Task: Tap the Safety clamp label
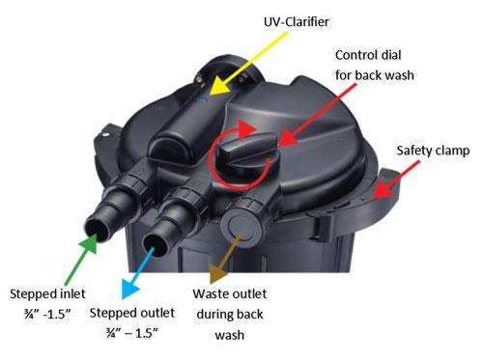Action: coord(434,151)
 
